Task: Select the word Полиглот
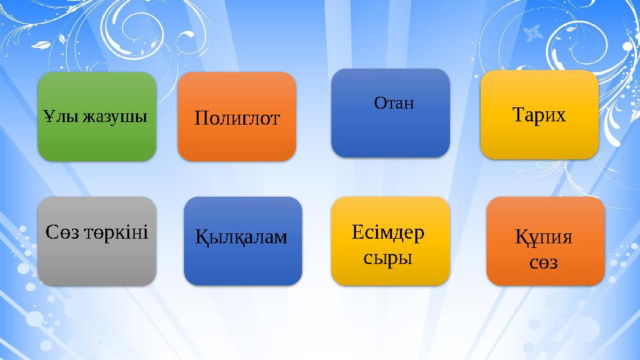pyautogui.click(x=237, y=119)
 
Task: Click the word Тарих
pyautogui.click(x=539, y=115)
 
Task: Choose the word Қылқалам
pyautogui.click(x=242, y=235)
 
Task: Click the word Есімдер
pyautogui.click(x=387, y=233)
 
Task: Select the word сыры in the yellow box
pyautogui.click(x=387, y=257)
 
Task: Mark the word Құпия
pyautogui.click(x=543, y=238)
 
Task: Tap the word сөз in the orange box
pyautogui.click(x=543, y=263)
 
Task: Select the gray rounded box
pyautogui.click(x=97, y=263)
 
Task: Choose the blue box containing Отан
pyautogui.click(x=390, y=133)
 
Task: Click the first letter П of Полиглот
pyautogui.click(x=201, y=119)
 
